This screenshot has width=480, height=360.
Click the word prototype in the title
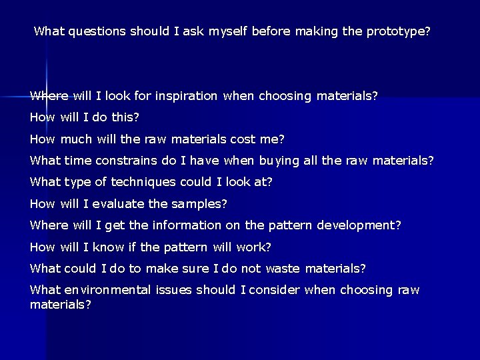398,31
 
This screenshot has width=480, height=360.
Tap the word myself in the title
228,31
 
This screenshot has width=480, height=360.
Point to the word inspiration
186,96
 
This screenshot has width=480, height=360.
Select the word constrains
125,161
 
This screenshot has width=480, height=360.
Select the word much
75,139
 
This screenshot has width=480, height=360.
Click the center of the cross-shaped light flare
46,97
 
